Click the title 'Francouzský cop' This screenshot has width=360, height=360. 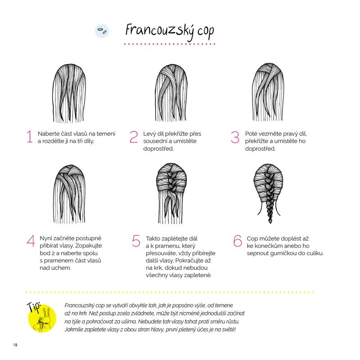tap(170, 31)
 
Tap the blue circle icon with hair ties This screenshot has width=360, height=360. tap(102, 31)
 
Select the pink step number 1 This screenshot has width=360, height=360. tap(30, 137)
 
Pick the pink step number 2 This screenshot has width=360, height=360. tap(134, 137)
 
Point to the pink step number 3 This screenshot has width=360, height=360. tap(235, 137)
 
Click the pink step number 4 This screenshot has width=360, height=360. tap(31, 241)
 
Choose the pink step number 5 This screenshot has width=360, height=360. tap(136, 241)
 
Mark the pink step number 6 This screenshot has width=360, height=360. tap(238, 241)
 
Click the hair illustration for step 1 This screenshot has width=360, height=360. tap(69, 93)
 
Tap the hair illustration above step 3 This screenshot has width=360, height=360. tap(268, 92)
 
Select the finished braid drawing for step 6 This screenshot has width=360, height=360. tap(269, 193)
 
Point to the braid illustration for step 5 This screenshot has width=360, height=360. tap(171, 193)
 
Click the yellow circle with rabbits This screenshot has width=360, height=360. tap(42, 318)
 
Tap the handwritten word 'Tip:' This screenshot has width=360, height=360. tap(34, 307)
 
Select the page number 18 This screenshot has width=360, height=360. tap(15, 345)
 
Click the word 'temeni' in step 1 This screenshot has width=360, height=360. tap(106, 134)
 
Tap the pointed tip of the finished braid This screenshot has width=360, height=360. tap(270, 223)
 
